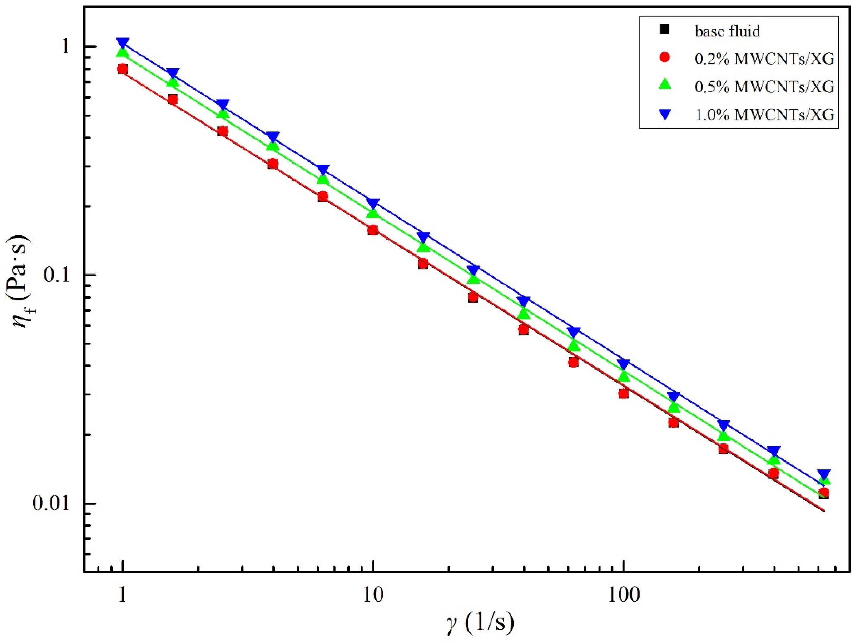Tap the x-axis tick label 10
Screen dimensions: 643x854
point(373,595)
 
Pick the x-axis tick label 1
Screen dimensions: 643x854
point(122,595)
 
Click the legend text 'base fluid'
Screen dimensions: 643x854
point(727,31)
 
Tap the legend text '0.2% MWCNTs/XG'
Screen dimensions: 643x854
point(764,59)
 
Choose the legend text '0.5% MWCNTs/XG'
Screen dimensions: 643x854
point(764,87)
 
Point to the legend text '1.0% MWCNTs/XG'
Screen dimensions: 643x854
point(764,115)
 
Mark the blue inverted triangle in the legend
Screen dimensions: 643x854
point(664,114)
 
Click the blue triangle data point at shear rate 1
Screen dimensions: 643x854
point(123,43)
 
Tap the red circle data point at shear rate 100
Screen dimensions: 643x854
point(623,394)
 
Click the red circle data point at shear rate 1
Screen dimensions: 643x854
point(123,69)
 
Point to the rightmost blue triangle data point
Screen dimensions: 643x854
point(823,475)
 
